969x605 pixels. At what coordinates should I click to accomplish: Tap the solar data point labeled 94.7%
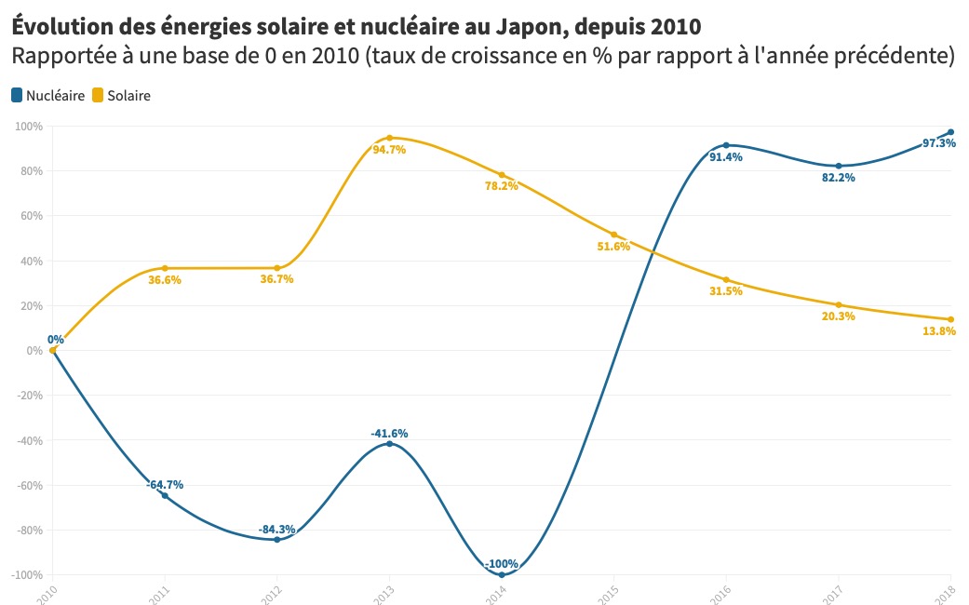pos(389,138)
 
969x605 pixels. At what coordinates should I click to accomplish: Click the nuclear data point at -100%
pos(502,574)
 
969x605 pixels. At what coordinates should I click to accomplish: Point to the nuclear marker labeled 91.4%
pos(726,145)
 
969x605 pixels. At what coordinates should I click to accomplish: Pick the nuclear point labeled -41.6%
pos(389,443)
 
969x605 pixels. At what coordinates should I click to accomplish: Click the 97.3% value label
pos(938,143)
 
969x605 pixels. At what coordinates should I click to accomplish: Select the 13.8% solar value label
pos(938,331)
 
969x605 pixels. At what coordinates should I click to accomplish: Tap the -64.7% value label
pos(165,484)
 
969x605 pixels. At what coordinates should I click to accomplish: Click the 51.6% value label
pos(613,247)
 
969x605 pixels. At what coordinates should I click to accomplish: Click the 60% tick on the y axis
pos(32,216)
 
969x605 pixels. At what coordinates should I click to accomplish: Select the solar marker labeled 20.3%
pos(839,305)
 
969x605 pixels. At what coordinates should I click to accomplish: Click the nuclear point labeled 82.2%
pos(839,166)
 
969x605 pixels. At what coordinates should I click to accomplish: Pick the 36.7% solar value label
pos(276,279)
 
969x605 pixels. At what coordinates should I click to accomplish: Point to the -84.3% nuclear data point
pos(276,540)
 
